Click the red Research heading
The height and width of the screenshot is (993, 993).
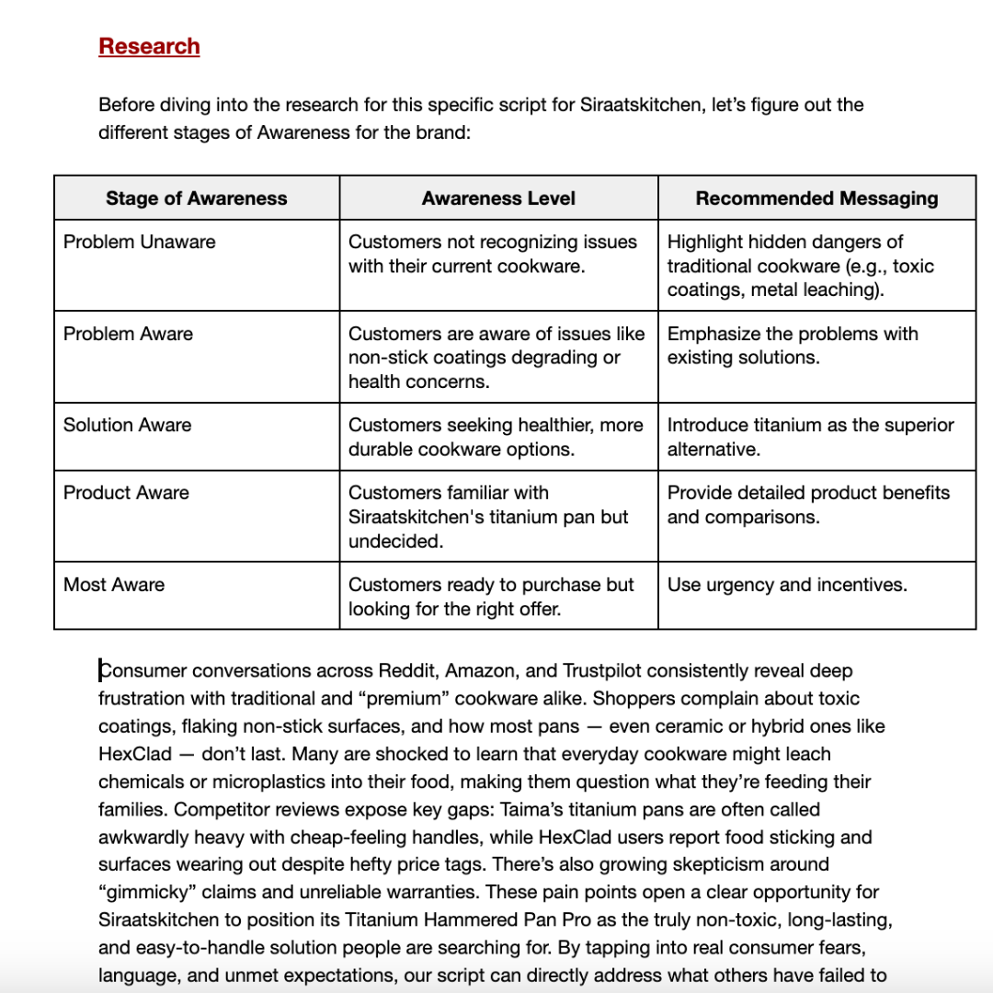click(x=149, y=46)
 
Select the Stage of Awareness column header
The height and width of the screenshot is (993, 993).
click(x=196, y=199)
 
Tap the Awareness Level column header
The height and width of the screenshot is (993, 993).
click(x=498, y=199)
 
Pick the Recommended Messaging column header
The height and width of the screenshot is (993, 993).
click(x=816, y=199)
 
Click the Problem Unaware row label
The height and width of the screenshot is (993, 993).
click(x=140, y=243)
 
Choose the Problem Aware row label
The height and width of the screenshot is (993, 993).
click(x=128, y=334)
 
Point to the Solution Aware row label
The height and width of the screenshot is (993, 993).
click(x=127, y=425)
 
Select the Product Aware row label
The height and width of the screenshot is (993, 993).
click(x=126, y=493)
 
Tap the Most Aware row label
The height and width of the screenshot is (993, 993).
click(x=114, y=585)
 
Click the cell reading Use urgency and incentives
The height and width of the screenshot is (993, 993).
click(x=787, y=585)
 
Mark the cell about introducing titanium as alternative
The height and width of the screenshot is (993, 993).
click(x=810, y=437)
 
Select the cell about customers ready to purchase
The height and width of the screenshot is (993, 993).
click(x=491, y=596)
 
